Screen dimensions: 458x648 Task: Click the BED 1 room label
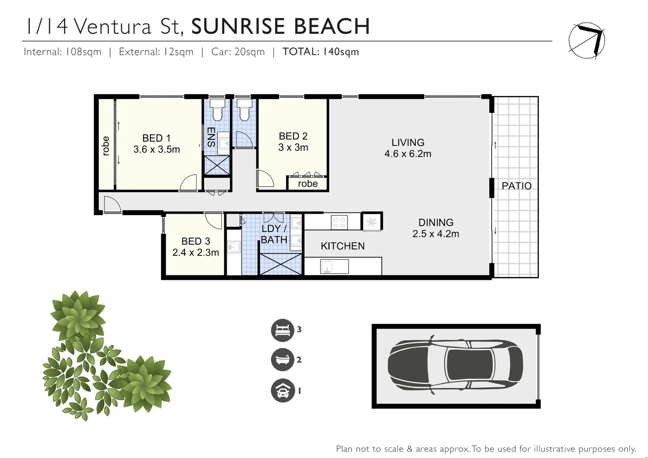(156, 138)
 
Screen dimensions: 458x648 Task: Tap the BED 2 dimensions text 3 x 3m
(293, 148)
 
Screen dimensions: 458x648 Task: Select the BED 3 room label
(196, 241)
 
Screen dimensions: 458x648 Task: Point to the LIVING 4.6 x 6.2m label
(408, 148)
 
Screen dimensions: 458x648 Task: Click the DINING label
(436, 223)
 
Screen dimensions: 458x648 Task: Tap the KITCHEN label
(342, 246)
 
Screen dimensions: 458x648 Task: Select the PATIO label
(516, 186)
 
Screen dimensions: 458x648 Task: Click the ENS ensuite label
(211, 137)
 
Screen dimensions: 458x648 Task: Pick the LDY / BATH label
(274, 234)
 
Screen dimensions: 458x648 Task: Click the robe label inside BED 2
(307, 184)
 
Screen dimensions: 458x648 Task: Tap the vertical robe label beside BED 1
(106, 145)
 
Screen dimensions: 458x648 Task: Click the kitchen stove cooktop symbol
(339, 222)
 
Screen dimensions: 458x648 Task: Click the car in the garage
(455, 365)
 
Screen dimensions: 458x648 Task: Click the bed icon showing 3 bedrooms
(282, 330)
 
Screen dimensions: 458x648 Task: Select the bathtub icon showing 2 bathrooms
(282, 360)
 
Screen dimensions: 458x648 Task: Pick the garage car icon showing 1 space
(282, 391)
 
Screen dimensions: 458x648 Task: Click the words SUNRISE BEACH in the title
(280, 26)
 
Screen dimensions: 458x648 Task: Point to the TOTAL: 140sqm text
(321, 52)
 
